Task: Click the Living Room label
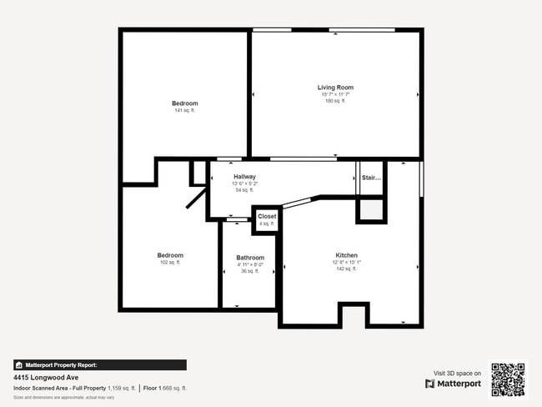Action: (x=335, y=88)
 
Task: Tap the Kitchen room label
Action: (x=347, y=255)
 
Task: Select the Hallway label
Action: (x=244, y=177)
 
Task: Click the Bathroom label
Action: (x=250, y=258)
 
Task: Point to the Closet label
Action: (x=267, y=217)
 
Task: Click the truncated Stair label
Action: (x=371, y=178)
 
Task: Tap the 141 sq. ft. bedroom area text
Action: (x=185, y=111)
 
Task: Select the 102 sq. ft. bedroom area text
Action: (x=170, y=263)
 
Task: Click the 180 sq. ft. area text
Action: (x=335, y=101)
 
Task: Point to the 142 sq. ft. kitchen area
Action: (x=347, y=269)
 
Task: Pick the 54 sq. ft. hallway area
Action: (x=244, y=190)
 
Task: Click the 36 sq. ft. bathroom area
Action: (x=250, y=271)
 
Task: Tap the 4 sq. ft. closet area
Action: (x=267, y=224)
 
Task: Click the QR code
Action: (x=508, y=379)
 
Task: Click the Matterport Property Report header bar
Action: (x=99, y=364)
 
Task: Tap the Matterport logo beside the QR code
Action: (x=453, y=384)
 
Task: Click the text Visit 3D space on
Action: (x=457, y=374)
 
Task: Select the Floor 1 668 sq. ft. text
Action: (x=165, y=388)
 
